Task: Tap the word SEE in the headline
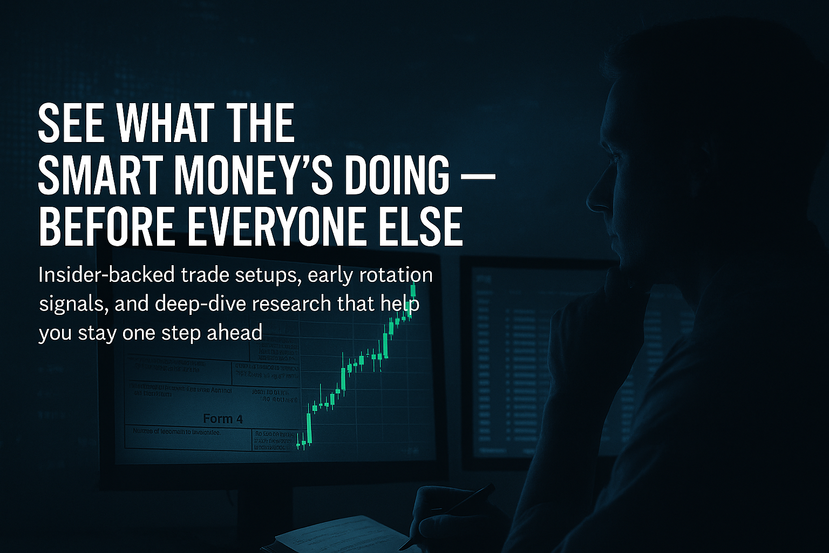click(x=70, y=124)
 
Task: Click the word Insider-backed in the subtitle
click(x=106, y=275)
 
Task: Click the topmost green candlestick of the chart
click(x=413, y=290)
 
